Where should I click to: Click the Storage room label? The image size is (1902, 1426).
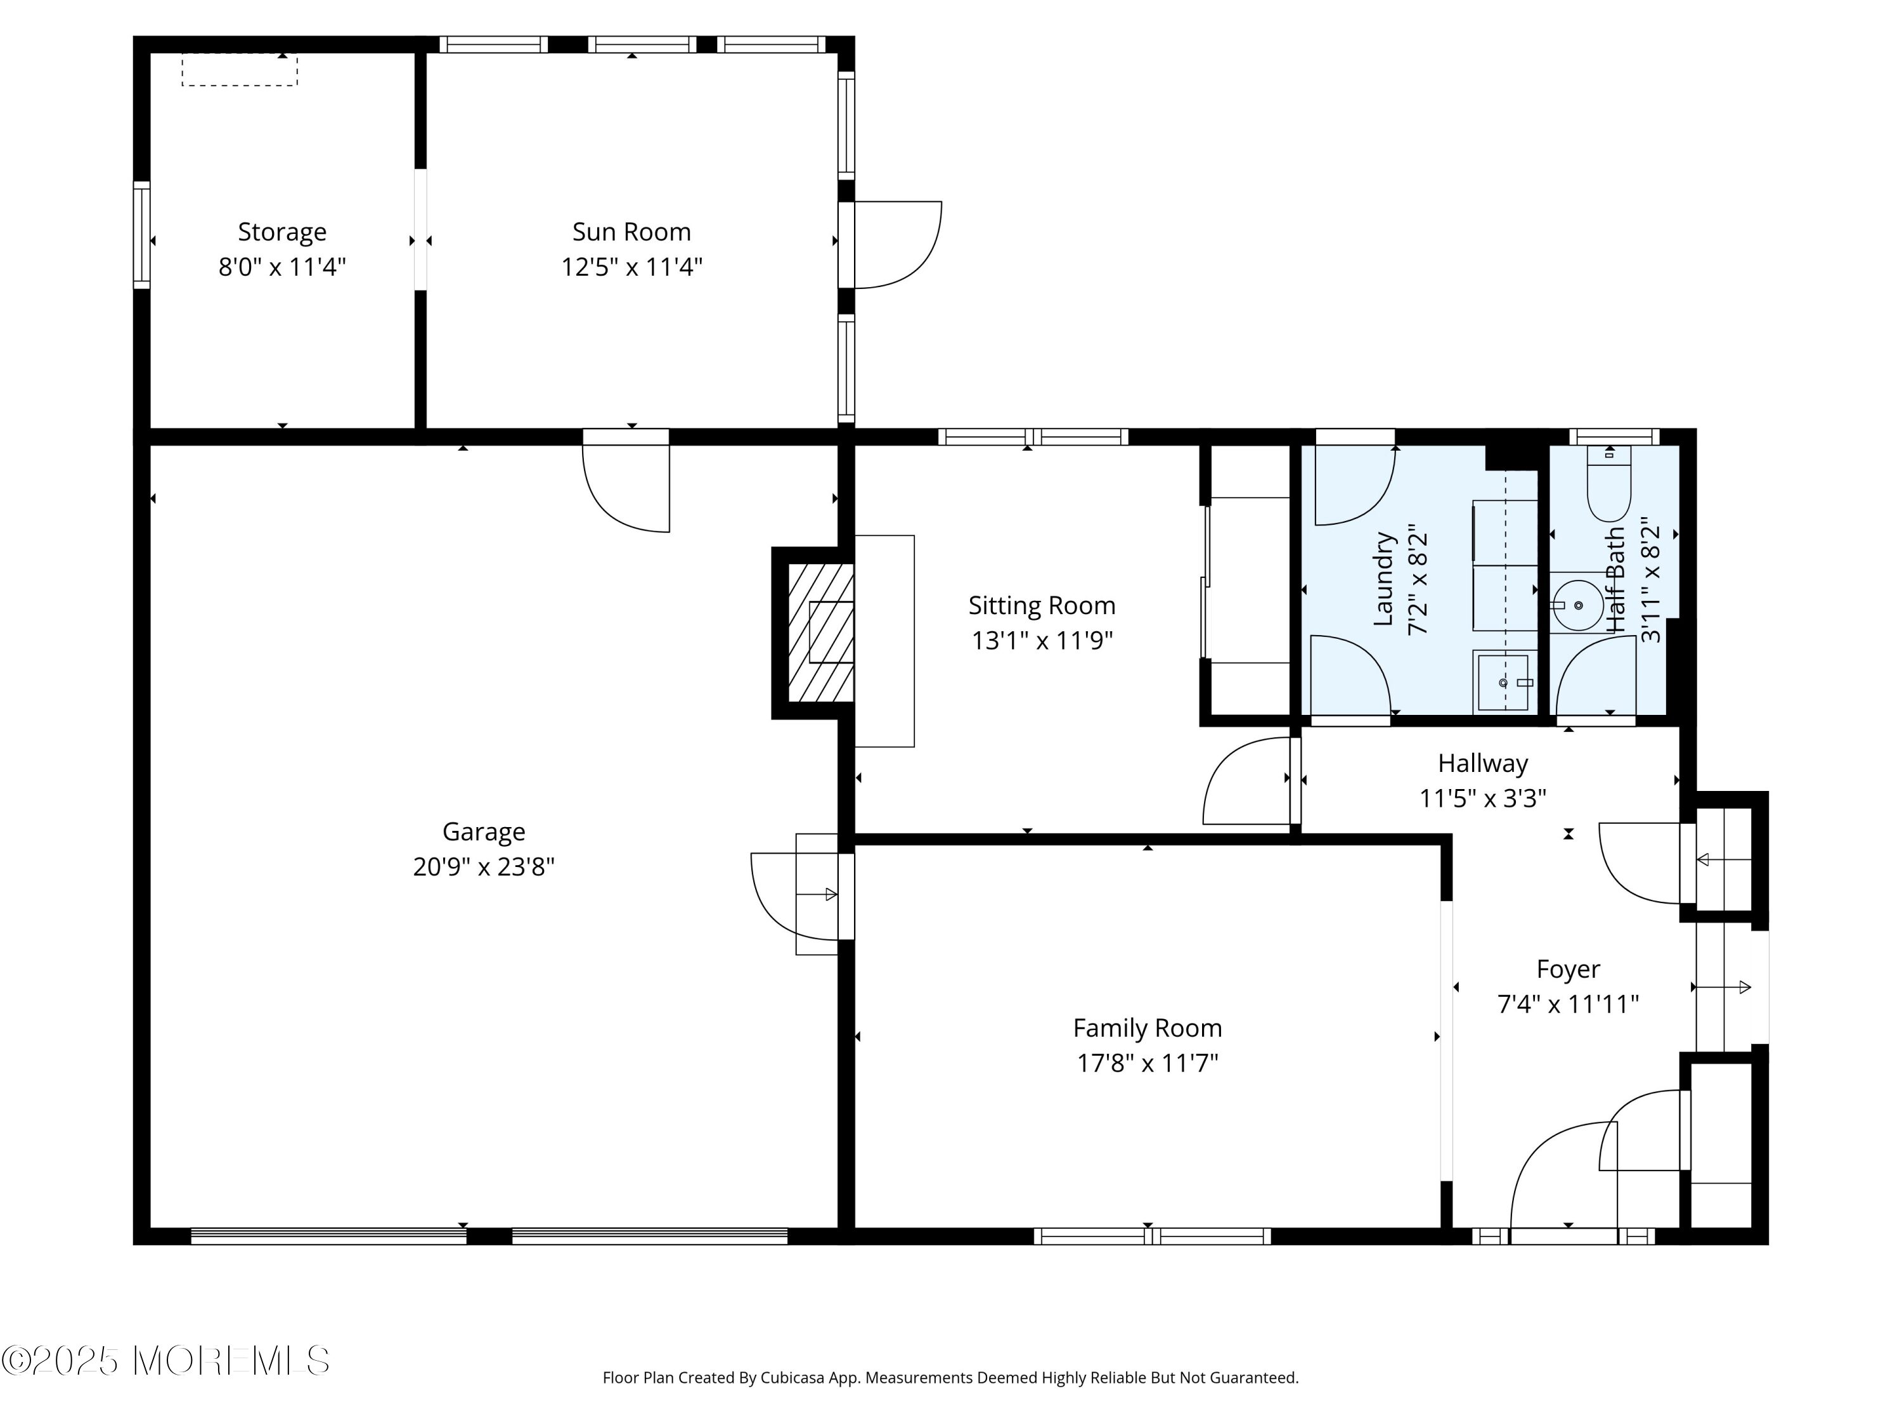pyautogui.click(x=282, y=232)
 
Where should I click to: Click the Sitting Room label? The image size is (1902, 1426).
pyautogui.click(x=1042, y=606)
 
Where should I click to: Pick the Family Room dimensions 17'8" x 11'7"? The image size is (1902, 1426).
pyautogui.click(x=1148, y=1064)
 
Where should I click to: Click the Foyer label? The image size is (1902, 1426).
pyautogui.click(x=1569, y=970)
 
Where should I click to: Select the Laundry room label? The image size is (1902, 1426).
pyautogui.click(x=1383, y=579)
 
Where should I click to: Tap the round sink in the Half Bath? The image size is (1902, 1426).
pyautogui.click(x=1578, y=605)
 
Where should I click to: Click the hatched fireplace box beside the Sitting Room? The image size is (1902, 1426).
pyautogui.click(x=821, y=633)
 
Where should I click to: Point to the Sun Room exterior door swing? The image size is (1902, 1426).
pyautogui.click(x=898, y=245)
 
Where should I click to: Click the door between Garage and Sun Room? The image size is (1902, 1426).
pyautogui.click(x=626, y=481)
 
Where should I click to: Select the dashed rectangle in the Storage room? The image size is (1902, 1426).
pyautogui.click(x=240, y=70)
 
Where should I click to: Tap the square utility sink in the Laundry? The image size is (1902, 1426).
pyautogui.click(x=1504, y=681)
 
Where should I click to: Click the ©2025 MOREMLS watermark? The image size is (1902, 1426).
pyautogui.click(x=165, y=1361)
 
